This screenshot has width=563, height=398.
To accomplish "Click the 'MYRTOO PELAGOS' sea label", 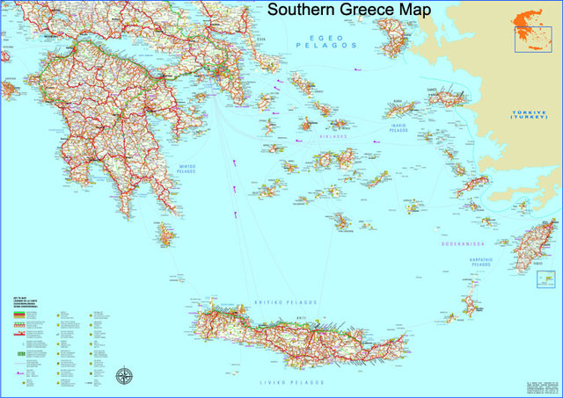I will point(183,168).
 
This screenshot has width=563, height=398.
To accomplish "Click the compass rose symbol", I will point(126,377).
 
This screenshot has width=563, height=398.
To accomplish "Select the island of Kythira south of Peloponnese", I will point(164,235).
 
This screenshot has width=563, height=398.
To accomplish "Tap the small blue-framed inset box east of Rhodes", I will point(546,279).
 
